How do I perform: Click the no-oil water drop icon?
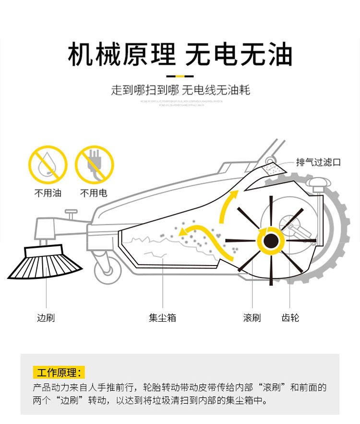click(x=48, y=165)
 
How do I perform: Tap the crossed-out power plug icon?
click(x=94, y=165)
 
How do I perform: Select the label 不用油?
click(x=48, y=194)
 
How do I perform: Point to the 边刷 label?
click(x=46, y=318)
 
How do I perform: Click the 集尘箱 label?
click(x=162, y=318)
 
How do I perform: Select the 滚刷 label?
click(x=252, y=318)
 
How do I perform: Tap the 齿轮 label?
click(x=290, y=318)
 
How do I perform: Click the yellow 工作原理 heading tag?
click(x=59, y=372)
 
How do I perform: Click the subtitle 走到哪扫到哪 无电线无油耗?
click(x=180, y=90)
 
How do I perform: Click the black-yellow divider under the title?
click(x=180, y=76)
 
